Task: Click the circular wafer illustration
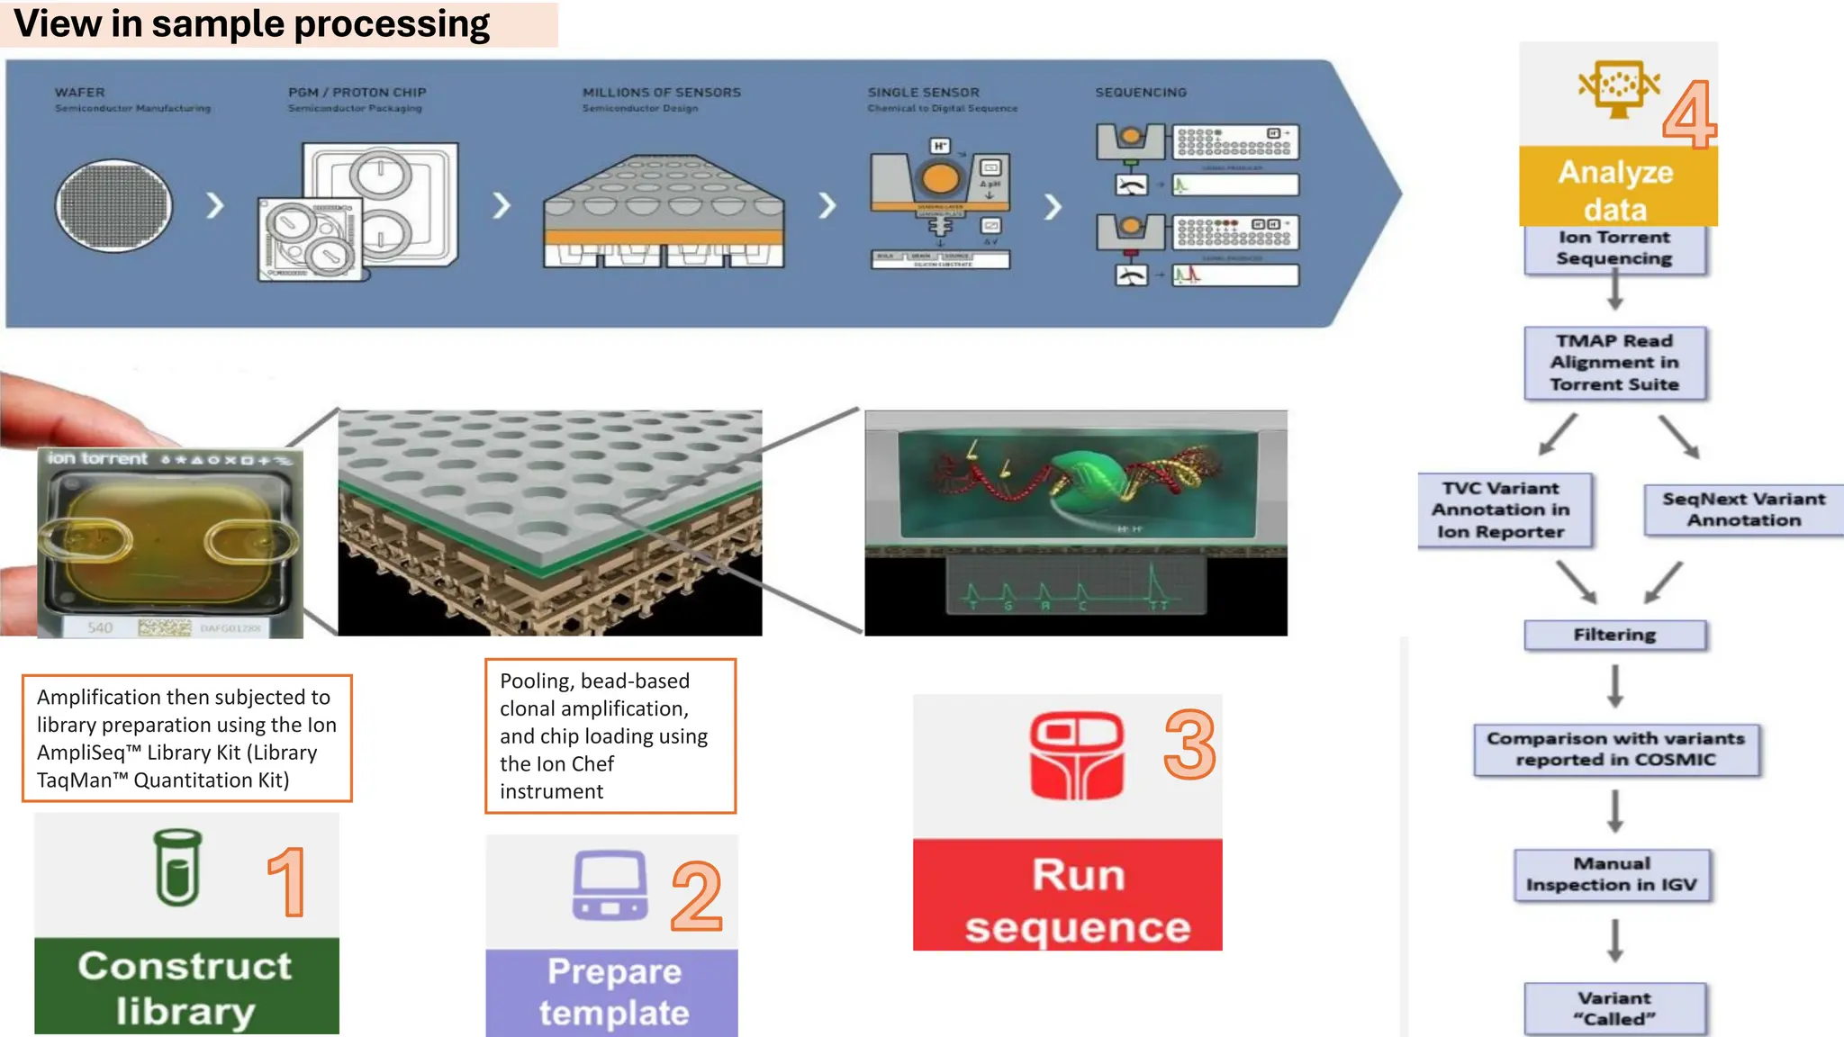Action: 114,206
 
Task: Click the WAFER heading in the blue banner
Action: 79,93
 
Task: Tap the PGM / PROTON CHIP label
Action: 357,93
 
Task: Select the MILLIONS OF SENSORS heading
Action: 661,93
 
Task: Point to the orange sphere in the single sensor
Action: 940,178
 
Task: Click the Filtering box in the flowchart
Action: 1614,635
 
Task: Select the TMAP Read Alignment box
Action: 1614,363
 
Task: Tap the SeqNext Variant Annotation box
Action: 1743,509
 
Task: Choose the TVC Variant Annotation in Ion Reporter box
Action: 1501,510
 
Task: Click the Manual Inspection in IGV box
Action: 1612,874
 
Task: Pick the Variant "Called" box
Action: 1614,1008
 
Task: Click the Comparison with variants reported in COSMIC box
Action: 1615,749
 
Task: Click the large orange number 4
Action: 1688,114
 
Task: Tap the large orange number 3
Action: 1189,744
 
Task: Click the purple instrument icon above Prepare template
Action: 610,885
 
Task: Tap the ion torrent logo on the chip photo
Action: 97,458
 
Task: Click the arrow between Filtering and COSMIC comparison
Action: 1615,686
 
